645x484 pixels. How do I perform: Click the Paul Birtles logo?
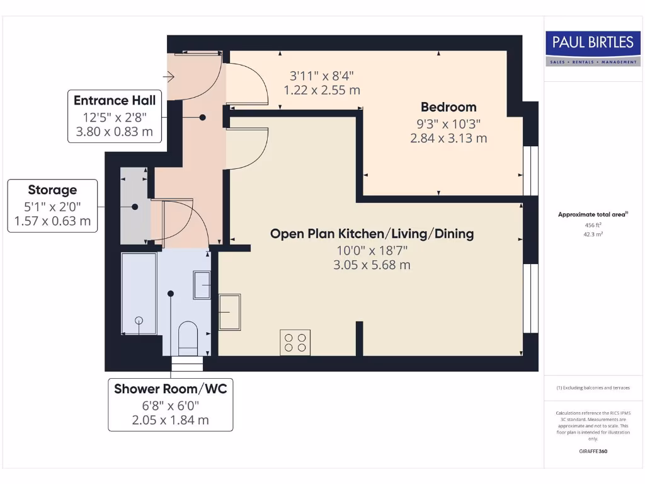(x=593, y=48)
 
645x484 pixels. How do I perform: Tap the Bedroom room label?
(x=448, y=107)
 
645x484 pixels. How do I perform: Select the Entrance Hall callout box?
(x=114, y=116)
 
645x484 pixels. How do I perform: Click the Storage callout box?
(x=52, y=205)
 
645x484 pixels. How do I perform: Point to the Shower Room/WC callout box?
(x=170, y=405)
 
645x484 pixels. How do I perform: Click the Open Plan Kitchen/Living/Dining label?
(x=372, y=234)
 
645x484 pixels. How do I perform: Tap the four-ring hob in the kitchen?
(x=295, y=342)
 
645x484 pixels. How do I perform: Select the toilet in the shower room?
(x=188, y=337)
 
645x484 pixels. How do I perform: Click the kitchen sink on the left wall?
(x=229, y=312)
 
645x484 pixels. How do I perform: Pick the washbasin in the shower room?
(x=202, y=284)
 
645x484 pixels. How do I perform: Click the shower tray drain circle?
(x=139, y=321)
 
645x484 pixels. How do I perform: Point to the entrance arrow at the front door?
(x=168, y=77)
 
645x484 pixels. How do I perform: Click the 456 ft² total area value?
(x=593, y=225)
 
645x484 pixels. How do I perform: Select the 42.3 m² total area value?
(x=593, y=234)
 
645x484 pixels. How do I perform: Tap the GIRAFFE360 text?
(x=593, y=451)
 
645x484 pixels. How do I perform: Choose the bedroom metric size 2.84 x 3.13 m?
(x=448, y=138)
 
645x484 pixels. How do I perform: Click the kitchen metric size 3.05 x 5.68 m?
(x=372, y=265)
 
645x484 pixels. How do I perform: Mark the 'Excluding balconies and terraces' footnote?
(x=593, y=388)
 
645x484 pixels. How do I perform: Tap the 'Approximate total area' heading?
(x=591, y=214)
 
